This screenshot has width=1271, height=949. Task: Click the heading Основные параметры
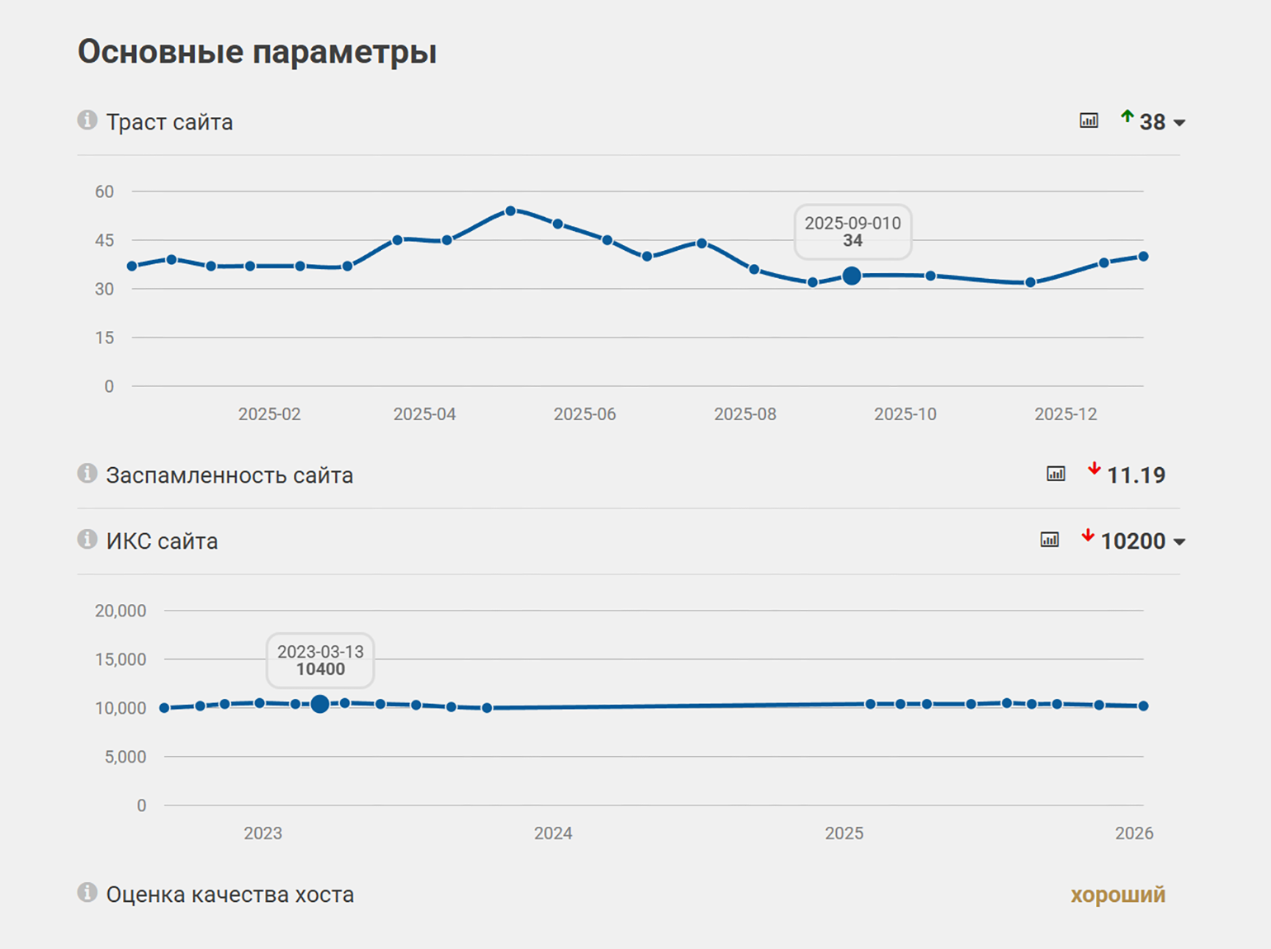tap(257, 52)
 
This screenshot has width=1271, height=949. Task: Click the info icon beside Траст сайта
tap(87, 120)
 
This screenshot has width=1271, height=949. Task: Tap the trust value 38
tap(1152, 122)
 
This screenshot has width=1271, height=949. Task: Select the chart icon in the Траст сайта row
tap(1089, 121)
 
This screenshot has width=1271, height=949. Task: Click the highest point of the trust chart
tap(510, 211)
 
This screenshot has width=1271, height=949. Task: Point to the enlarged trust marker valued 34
tap(852, 276)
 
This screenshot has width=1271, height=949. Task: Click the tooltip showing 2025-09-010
tap(853, 232)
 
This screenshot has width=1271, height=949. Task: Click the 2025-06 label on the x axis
tap(584, 414)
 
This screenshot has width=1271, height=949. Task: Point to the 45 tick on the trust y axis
tap(104, 241)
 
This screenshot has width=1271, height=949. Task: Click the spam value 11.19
tap(1136, 475)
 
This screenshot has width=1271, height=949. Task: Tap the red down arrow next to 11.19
tap(1094, 470)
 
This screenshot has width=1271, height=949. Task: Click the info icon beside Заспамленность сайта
tap(87, 474)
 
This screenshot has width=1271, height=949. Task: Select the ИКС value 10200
tap(1132, 541)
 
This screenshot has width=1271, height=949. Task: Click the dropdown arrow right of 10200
tap(1179, 542)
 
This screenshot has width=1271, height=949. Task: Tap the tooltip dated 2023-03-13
tap(320, 660)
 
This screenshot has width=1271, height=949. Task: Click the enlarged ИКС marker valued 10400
tap(320, 704)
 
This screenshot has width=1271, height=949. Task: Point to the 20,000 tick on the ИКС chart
tap(120, 611)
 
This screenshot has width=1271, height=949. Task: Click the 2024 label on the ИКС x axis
tap(553, 833)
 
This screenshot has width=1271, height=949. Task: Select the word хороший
tap(1117, 895)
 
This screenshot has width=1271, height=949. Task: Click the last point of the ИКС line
tap(1143, 706)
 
